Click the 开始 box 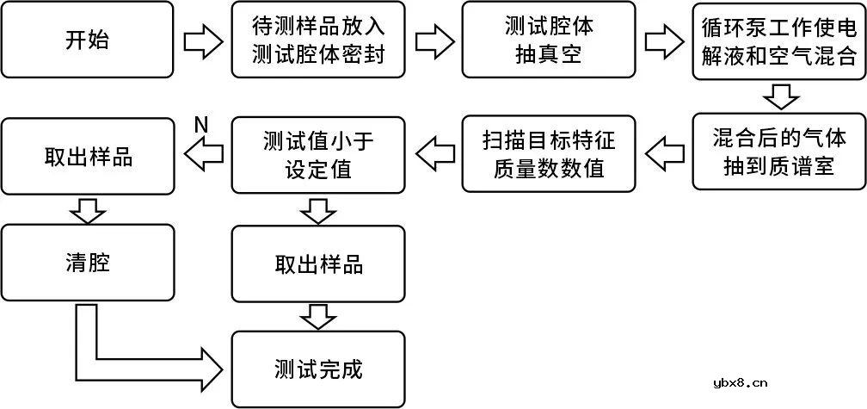87,40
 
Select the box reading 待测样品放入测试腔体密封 318,40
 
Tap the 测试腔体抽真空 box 549,40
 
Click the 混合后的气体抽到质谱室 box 778,152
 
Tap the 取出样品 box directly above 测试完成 318,263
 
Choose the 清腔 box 87,263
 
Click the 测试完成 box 318,369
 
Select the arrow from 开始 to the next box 203,40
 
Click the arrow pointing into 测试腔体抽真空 433,40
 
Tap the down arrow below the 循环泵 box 778,96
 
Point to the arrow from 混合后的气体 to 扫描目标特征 664,154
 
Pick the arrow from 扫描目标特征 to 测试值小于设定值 433,154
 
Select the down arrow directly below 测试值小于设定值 318,208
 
